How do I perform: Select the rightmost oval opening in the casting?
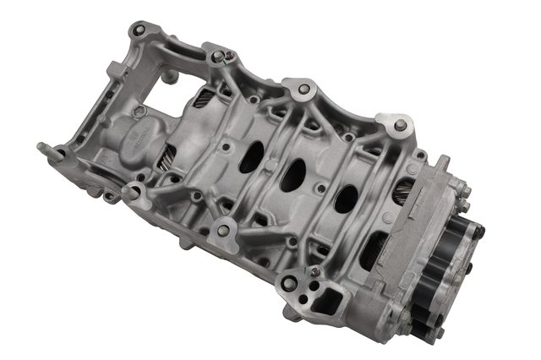[x=346, y=199]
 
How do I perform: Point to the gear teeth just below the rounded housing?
[x=166, y=156]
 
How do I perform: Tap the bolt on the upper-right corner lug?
[x=400, y=127]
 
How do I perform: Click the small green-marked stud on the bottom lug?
[x=315, y=270]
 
